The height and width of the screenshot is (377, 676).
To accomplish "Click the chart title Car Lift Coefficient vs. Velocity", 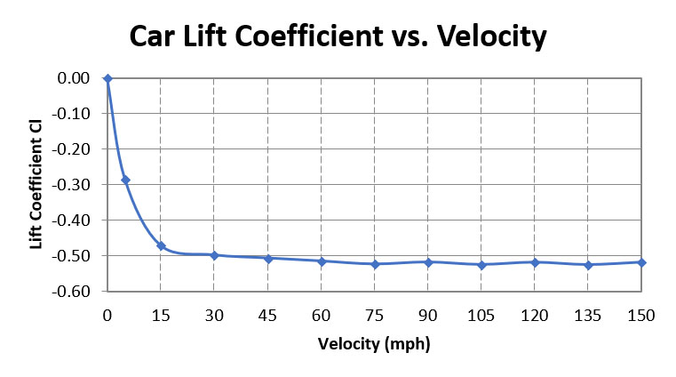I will (x=338, y=36).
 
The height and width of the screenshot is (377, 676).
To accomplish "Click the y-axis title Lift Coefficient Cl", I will (x=36, y=186).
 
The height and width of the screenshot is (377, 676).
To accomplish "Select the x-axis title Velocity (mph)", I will (x=373, y=343).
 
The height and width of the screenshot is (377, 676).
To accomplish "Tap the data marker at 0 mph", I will (x=107, y=78).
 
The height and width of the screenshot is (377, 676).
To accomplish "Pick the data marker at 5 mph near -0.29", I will (x=125, y=180).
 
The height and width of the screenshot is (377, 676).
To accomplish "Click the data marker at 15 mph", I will (x=161, y=245).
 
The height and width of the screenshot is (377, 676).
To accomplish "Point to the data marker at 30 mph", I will (x=214, y=255).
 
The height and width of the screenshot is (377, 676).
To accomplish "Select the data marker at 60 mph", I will (x=322, y=261).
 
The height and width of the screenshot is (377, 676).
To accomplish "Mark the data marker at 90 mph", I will (x=428, y=262).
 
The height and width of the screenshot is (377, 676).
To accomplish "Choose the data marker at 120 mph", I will (x=535, y=262).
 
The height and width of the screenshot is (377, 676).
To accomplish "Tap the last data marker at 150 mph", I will (x=641, y=262).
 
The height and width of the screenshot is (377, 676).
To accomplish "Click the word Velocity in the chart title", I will (x=487, y=36).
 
